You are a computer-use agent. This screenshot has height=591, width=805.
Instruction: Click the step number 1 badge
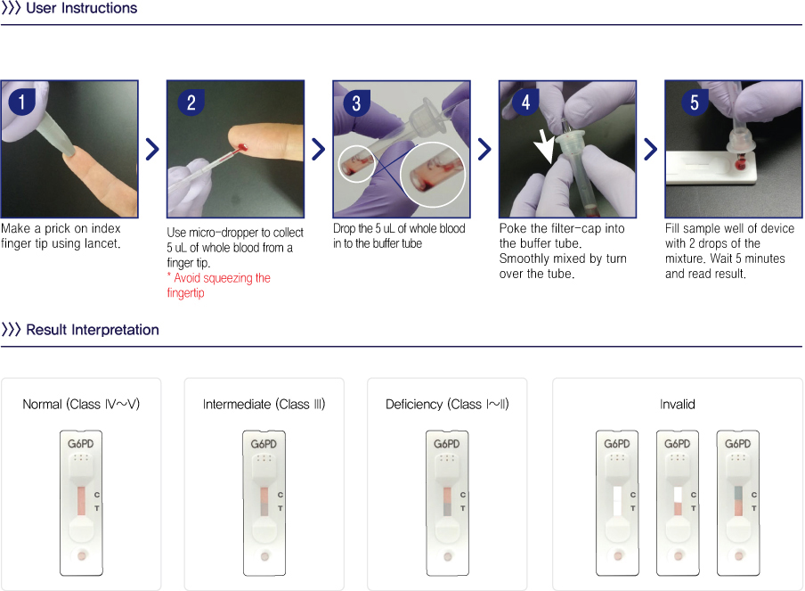point(21,102)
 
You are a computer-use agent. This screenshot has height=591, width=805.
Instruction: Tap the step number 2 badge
point(191,103)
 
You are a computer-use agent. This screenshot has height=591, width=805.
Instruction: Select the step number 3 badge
point(356,103)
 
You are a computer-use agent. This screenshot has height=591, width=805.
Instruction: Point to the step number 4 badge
point(525,102)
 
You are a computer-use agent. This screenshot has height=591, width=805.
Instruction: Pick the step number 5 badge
point(695,102)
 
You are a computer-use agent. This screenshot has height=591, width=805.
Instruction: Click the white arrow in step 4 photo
point(544,146)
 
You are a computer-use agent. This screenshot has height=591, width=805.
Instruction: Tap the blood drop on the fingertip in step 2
point(242,148)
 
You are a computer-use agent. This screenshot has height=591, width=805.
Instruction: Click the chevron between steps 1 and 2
point(152,150)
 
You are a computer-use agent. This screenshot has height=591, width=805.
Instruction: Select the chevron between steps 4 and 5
point(650,150)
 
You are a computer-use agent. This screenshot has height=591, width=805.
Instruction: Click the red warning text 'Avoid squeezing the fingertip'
point(219,285)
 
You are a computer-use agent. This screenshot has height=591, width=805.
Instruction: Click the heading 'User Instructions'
point(82,8)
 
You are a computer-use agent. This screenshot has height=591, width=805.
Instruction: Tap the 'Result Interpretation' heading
point(93,330)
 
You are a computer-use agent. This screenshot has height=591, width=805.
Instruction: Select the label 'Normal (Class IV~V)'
point(81,405)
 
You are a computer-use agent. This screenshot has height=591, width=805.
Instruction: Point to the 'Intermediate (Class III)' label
point(264,405)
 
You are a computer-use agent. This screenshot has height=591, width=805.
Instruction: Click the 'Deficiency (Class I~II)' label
point(447,405)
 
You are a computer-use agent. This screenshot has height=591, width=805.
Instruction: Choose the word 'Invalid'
point(677,405)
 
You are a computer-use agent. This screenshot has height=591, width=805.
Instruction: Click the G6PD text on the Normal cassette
point(81,444)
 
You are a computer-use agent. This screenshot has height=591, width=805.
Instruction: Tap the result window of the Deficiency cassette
point(447,502)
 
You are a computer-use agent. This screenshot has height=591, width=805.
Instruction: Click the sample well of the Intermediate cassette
point(264,556)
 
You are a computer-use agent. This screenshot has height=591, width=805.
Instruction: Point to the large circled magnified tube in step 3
point(432,175)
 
